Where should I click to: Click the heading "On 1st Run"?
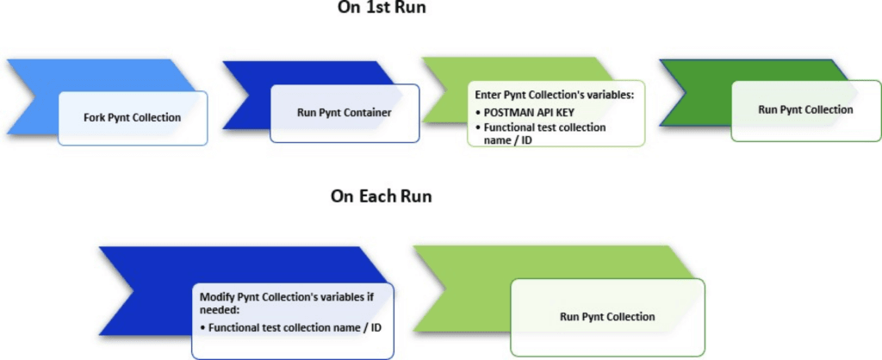tap(381, 7)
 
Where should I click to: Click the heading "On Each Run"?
tap(381, 196)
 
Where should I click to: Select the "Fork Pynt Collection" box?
tap(134, 117)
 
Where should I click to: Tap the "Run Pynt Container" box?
tap(345, 113)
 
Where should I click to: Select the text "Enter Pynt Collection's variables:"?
tap(554, 95)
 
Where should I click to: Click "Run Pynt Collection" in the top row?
tap(805, 109)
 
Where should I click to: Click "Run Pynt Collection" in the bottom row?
tap(607, 317)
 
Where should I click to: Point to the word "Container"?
tap(371, 113)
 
